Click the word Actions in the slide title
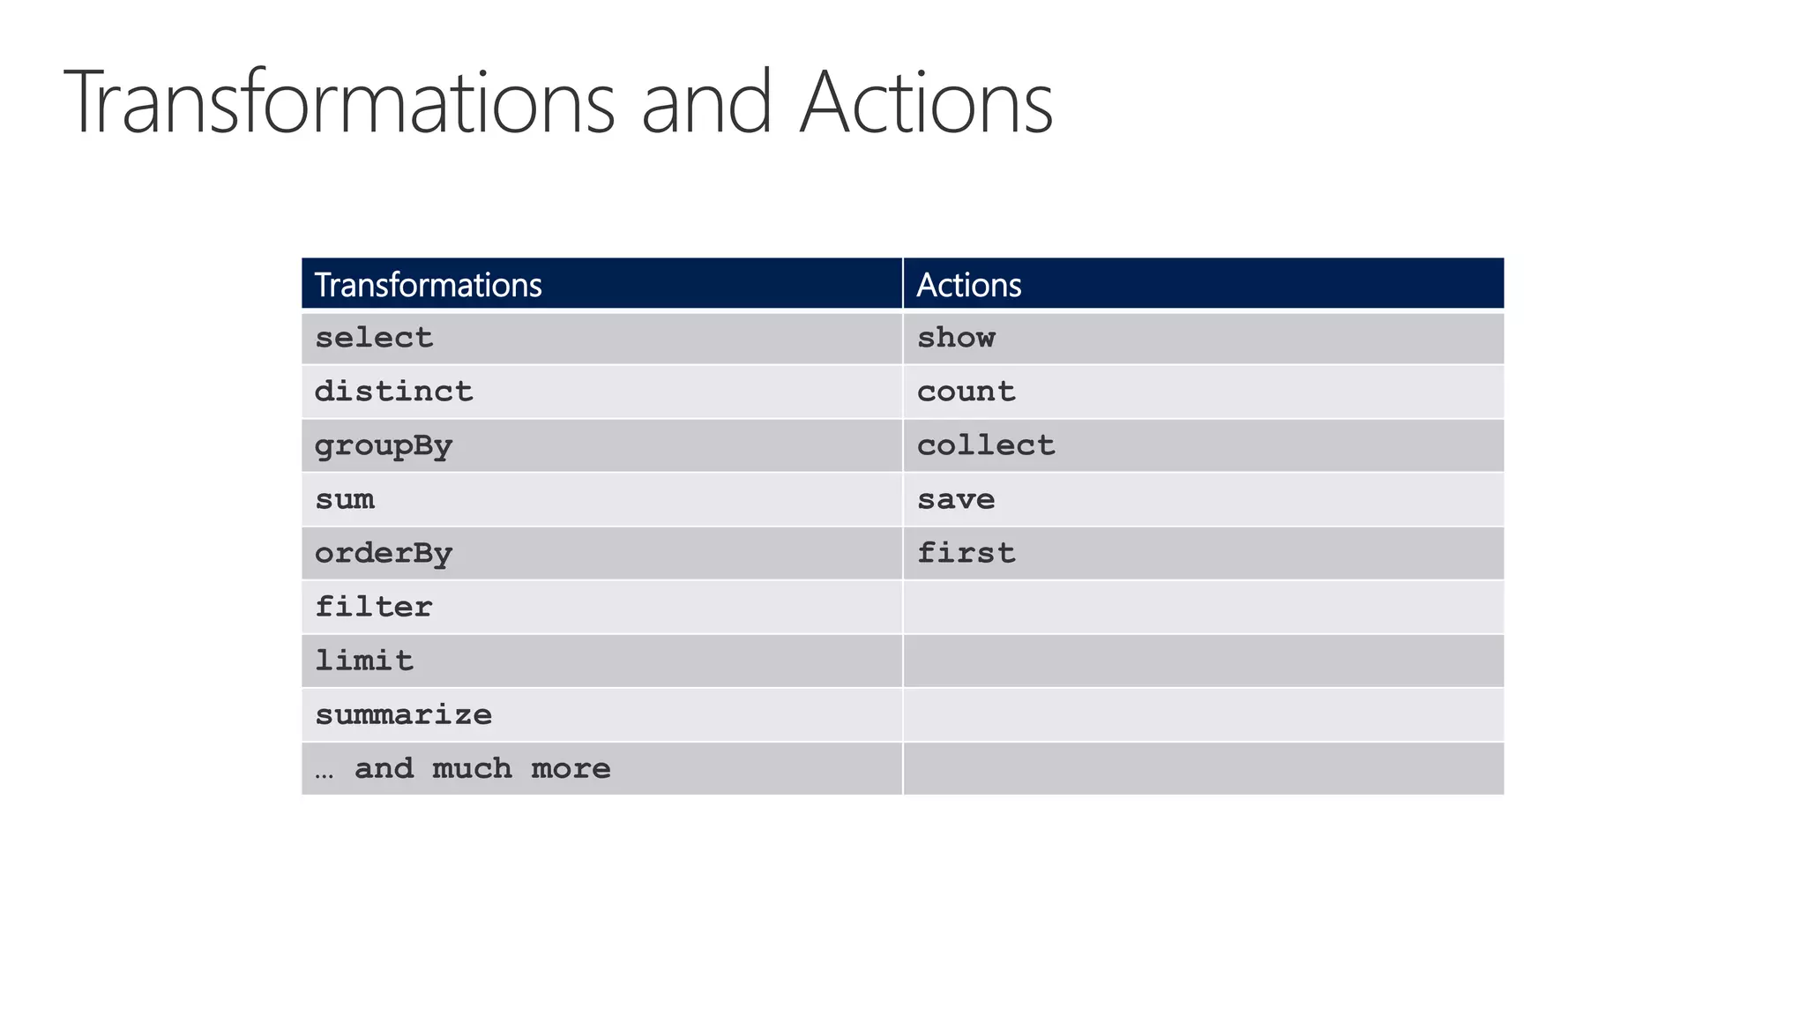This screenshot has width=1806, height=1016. [x=926, y=103]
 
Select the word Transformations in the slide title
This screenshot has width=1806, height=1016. [x=340, y=103]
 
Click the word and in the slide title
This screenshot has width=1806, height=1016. [x=706, y=103]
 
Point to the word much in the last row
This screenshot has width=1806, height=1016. [x=472, y=769]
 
